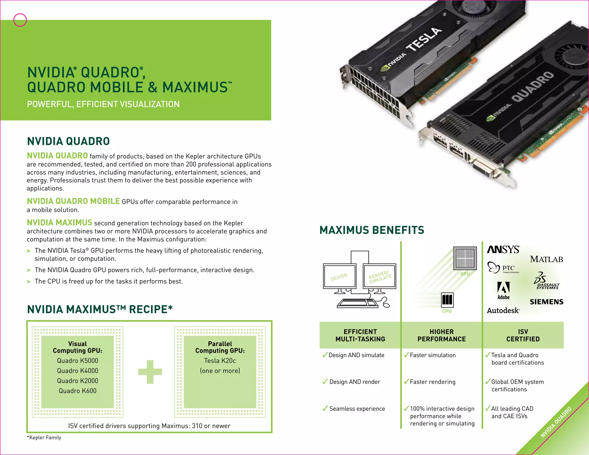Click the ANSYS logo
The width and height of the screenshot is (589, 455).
click(x=503, y=249)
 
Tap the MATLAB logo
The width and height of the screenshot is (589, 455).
click(x=546, y=259)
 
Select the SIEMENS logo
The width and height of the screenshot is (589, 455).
click(x=546, y=302)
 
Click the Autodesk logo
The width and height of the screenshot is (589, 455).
click(x=503, y=310)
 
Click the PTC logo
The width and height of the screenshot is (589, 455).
click(x=503, y=268)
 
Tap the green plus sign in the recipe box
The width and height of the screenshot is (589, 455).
click(x=150, y=372)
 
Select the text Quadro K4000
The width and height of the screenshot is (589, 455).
click(x=77, y=371)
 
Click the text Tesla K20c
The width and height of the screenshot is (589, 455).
click(x=220, y=361)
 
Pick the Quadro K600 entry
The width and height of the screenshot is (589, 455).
click(x=77, y=391)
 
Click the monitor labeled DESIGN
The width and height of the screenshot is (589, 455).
click(x=339, y=276)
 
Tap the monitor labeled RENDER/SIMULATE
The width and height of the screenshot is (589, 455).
click(x=380, y=276)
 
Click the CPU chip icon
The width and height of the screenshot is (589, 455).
click(x=447, y=300)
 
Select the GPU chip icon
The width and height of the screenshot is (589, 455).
click(x=465, y=258)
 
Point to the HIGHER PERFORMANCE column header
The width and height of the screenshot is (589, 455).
click(x=441, y=335)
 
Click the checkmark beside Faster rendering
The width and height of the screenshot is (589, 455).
click(x=406, y=382)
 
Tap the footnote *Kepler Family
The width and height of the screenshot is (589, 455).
click(x=44, y=437)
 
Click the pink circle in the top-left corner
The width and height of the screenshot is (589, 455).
click(x=20, y=20)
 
